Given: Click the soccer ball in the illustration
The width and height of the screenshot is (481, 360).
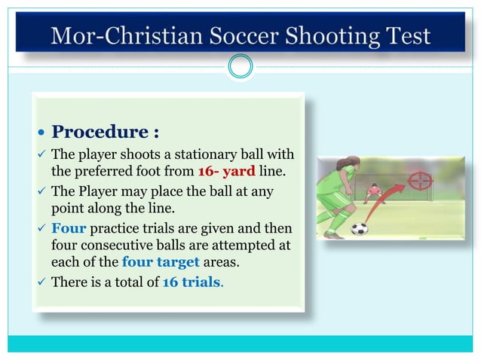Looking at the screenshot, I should coord(359,227).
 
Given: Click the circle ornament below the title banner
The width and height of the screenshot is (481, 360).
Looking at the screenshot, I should coord(240,68).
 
